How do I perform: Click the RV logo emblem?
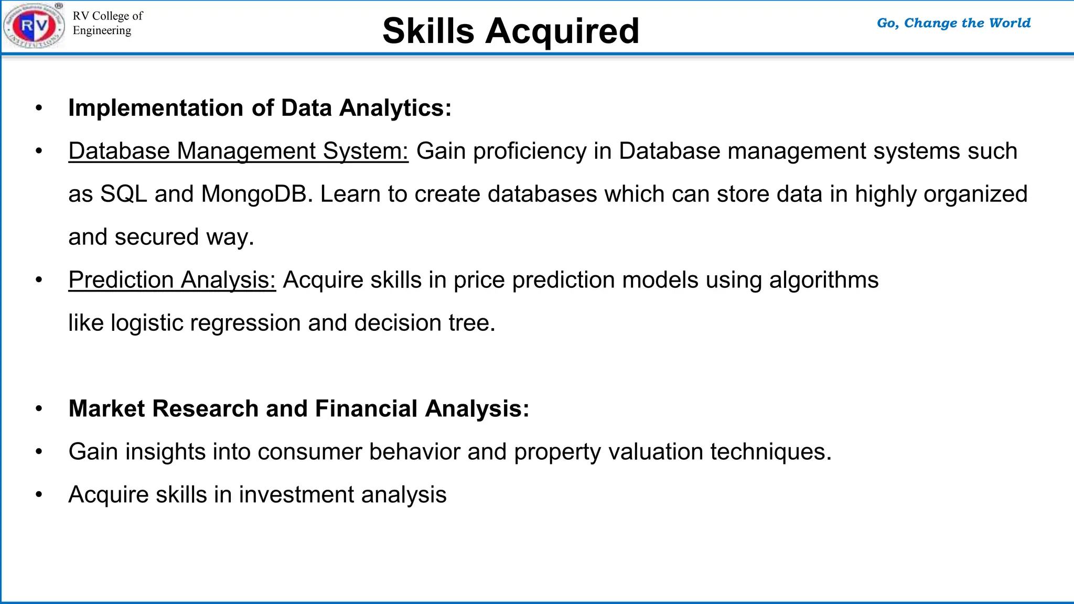34,25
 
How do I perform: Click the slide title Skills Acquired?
511,31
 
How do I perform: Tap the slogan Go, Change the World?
953,23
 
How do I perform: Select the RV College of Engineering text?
108,23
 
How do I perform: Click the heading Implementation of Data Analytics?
260,108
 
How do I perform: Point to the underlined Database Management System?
238,151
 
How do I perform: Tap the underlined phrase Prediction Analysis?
172,280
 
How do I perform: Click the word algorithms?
823,280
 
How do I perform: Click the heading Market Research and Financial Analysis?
299,409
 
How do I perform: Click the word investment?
296,495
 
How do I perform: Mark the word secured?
157,237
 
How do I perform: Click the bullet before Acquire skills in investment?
39,495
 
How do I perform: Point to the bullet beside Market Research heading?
39,409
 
